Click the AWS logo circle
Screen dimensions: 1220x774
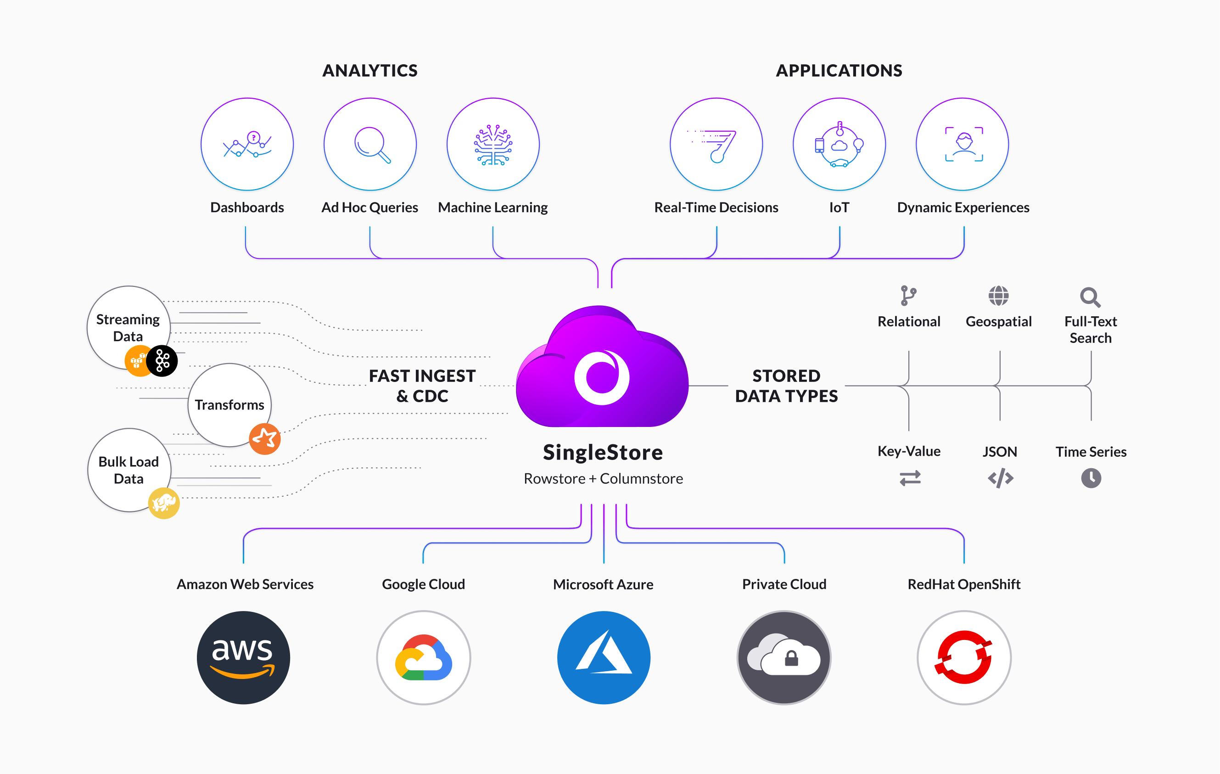[x=243, y=657]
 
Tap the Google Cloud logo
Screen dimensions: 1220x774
[x=424, y=657]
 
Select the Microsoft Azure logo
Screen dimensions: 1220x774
[x=604, y=657]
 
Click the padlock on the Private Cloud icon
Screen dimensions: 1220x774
[x=791, y=658]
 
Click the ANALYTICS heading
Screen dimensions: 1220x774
[x=370, y=70]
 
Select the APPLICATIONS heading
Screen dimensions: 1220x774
[x=839, y=70]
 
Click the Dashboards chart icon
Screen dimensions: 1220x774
[x=247, y=145]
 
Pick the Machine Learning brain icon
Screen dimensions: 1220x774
[x=493, y=145]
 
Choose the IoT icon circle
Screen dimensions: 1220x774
[x=839, y=145]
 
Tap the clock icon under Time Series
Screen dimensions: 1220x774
[x=1091, y=478]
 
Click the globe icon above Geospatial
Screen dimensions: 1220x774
[x=999, y=296]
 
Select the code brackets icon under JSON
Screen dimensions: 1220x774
[x=1001, y=478]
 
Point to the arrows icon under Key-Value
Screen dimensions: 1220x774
[x=910, y=478]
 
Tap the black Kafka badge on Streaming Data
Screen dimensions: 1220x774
[x=162, y=361]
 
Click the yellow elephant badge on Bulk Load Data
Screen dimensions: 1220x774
[x=164, y=503]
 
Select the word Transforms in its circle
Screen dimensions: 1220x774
[x=229, y=405]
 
